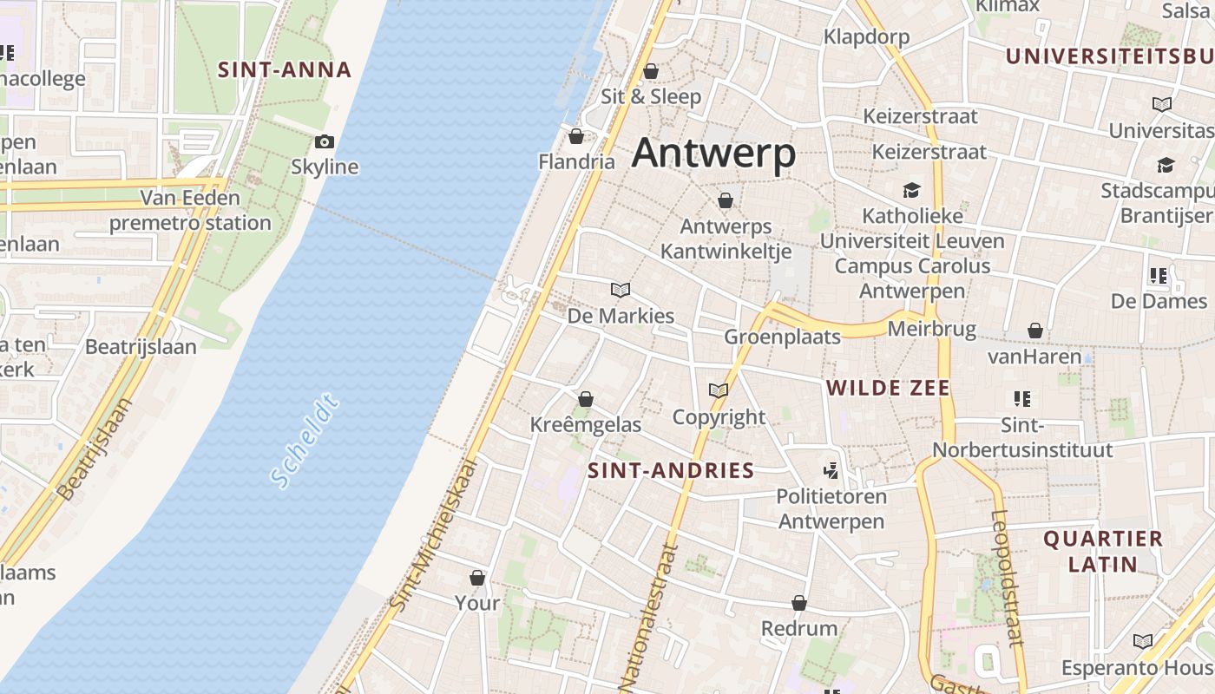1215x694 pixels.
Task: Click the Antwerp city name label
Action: point(713,154)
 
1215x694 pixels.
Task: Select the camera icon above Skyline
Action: point(325,141)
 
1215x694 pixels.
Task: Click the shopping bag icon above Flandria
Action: point(576,136)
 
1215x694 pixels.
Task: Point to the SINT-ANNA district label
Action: point(284,69)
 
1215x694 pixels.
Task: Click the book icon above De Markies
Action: point(621,290)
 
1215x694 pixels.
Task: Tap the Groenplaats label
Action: point(782,337)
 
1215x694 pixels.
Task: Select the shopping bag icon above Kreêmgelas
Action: point(586,399)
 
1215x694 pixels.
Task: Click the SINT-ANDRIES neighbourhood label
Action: point(671,470)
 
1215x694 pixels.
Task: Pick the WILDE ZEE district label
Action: point(888,388)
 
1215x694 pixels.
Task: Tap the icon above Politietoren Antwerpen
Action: point(831,471)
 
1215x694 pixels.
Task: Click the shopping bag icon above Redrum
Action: point(799,603)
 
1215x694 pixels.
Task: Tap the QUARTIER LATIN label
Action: point(1102,551)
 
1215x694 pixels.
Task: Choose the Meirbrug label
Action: point(931,330)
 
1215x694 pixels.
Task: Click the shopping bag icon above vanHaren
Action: point(1034,331)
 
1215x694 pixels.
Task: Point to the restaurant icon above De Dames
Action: point(1158,276)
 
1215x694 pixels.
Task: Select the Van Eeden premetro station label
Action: point(190,211)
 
